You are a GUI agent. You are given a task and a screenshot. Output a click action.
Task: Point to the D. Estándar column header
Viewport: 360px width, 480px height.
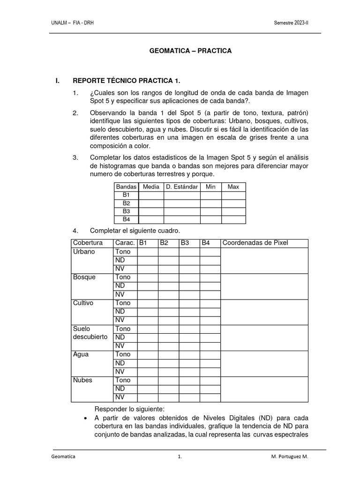point(182,187)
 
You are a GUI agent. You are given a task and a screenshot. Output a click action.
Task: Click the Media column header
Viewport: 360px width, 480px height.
point(151,187)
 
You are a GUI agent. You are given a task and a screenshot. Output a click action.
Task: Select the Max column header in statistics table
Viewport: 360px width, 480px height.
point(233,187)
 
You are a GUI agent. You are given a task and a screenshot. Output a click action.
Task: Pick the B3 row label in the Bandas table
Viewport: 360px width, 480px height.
point(126,211)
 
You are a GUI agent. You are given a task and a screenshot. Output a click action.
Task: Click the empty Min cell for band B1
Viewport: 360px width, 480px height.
point(210,195)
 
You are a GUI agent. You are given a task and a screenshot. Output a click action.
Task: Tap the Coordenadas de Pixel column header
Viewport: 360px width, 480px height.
point(255,243)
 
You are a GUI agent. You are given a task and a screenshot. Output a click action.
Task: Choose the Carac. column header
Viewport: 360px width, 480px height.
point(125,243)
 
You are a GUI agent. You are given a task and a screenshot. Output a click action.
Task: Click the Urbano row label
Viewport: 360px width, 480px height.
point(84,252)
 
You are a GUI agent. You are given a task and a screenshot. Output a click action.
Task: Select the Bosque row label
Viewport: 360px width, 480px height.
point(84,277)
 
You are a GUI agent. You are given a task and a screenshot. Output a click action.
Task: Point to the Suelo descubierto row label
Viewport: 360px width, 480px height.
point(90,333)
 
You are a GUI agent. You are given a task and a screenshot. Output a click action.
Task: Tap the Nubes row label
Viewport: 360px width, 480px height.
point(83,380)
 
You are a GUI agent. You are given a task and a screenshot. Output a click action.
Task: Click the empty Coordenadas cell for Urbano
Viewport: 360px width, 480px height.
point(264,260)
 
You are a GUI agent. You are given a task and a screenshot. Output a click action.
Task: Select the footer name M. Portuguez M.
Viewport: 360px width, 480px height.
point(289,456)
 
